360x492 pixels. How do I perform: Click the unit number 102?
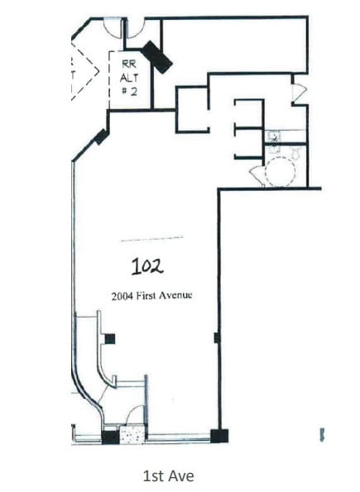click(147, 265)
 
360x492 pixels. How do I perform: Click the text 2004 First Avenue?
click(151, 295)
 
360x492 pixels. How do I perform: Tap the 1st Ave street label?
click(169, 475)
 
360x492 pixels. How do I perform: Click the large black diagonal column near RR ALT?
click(156, 56)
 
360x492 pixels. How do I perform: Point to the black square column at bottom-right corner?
click(218, 435)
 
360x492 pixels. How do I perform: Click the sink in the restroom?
click(274, 137)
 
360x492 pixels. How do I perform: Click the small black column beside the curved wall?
click(109, 337)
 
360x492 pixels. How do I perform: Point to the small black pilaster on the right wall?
click(217, 337)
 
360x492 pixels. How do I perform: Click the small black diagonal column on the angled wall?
click(101, 137)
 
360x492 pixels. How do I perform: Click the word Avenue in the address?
click(176, 295)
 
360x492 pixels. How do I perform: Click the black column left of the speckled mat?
click(109, 436)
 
